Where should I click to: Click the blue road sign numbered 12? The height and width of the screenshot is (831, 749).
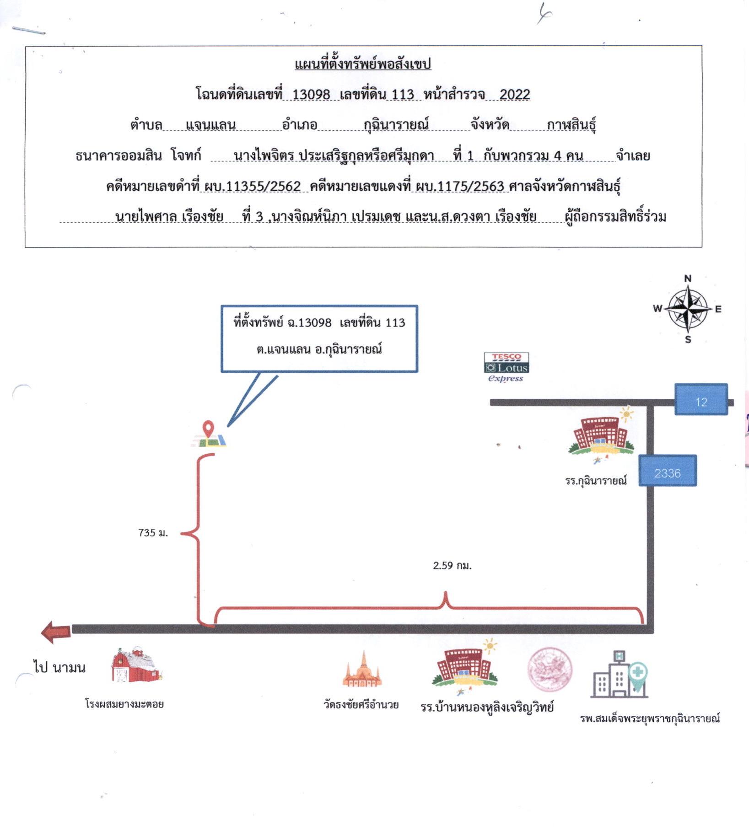click(x=701, y=399)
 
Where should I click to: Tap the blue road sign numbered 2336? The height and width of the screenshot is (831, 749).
click(x=668, y=470)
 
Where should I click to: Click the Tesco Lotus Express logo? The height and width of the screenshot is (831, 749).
click(x=506, y=367)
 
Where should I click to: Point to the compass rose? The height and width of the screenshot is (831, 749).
click(x=687, y=309)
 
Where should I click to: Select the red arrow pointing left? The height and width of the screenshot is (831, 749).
click(x=56, y=632)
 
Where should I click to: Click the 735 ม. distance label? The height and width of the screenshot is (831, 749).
click(x=153, y=532)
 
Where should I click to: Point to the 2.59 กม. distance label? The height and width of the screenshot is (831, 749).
click(x=452, y=565)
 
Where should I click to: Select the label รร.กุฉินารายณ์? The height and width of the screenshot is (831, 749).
click(x=596, y=480)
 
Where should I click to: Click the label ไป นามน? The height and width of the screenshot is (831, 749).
click(x=59, y=667)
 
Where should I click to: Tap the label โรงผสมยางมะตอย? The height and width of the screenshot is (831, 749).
click(x=124, y=704)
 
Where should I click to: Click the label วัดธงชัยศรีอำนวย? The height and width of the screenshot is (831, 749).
click(x=361, y=704)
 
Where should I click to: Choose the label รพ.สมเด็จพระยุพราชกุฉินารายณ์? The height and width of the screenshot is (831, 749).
click(x=650, y=718)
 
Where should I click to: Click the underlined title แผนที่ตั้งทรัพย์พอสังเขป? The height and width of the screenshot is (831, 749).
click(x=363, y=64)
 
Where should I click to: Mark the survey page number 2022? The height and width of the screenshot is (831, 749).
click(x=514, y=94)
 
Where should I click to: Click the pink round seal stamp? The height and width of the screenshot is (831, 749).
click(x=550, y=669)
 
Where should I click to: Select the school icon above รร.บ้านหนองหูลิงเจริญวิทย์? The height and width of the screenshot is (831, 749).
click(x=464, y=668)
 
